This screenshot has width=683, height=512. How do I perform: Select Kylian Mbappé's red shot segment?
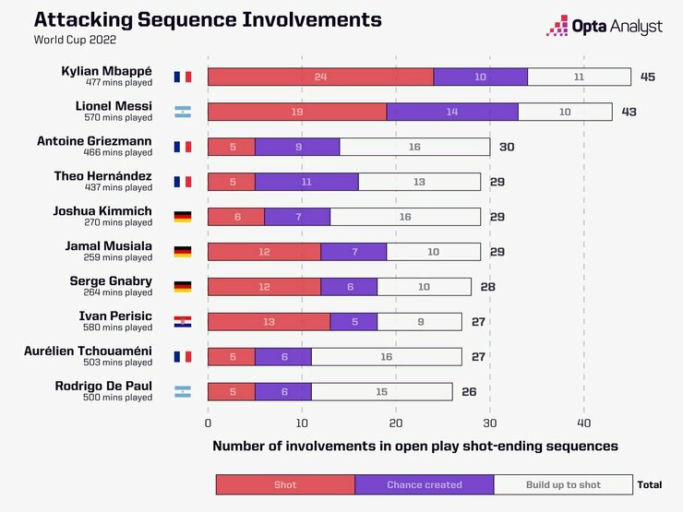(x=320, y=77)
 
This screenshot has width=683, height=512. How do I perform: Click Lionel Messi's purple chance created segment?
(x=452, y=112)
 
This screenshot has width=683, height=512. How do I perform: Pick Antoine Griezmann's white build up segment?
(x=414, y=147)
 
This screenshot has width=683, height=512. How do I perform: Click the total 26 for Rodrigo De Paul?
(x=469, y=391)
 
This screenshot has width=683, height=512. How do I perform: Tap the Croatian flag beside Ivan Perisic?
(x=183, y=322)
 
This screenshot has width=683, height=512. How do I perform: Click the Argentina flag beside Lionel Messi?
(x=183, y=112)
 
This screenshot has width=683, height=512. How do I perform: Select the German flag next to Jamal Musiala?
(x=183, y=252)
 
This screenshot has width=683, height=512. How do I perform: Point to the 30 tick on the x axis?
(x=489, y=423)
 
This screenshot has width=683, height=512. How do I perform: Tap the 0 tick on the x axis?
(x=208, y=423)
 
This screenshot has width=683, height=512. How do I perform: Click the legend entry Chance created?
(x=425, y=484)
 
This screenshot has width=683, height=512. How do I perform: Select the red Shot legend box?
(x=285, y=484)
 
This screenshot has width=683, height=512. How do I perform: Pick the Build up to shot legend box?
(x=563, y=484)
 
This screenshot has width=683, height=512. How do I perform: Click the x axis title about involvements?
(x=414, y=446)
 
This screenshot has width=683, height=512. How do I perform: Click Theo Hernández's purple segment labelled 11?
(x=306, y=182)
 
